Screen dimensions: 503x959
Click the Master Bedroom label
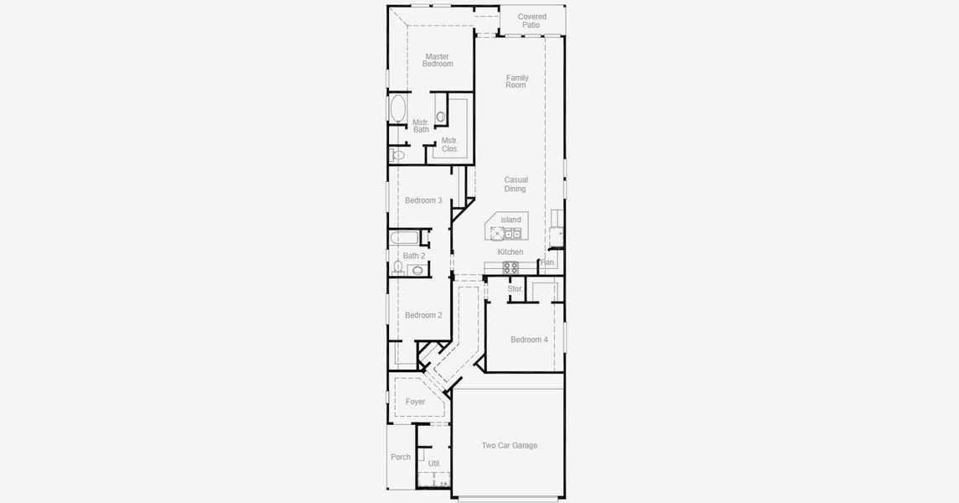click(x=438, y=60)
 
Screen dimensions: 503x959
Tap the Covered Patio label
click(x=531, y=21)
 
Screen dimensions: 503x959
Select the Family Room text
click(x=516, y=81)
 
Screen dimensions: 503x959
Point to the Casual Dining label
click(x=516, y=184)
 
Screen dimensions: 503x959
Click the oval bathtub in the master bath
click(x=397, y=109)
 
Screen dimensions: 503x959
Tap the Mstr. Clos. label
click(x=450, y=144)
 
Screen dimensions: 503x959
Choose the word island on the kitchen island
click(x=511, y=220)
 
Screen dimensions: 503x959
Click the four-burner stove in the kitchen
click(x=510, y=267)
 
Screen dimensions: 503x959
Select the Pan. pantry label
click(x=547, y=262)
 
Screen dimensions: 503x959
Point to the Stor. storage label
click(x=515, y=288)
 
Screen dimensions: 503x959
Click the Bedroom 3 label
click(x=423, y=200)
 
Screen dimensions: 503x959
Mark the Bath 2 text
click(x=414, y=256)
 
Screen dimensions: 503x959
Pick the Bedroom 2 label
click(x=423, y=315)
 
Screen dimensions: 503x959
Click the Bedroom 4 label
click(x=529, y=340)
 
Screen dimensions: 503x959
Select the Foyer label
click(x=415, y=402)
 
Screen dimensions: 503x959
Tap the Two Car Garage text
click(x=509, y=445)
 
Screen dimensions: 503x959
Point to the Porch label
click(x=401, y=457)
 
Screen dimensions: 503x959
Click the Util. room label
click(x=434, y=463)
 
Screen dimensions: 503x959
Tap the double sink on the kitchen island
click(x=512, y=232)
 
